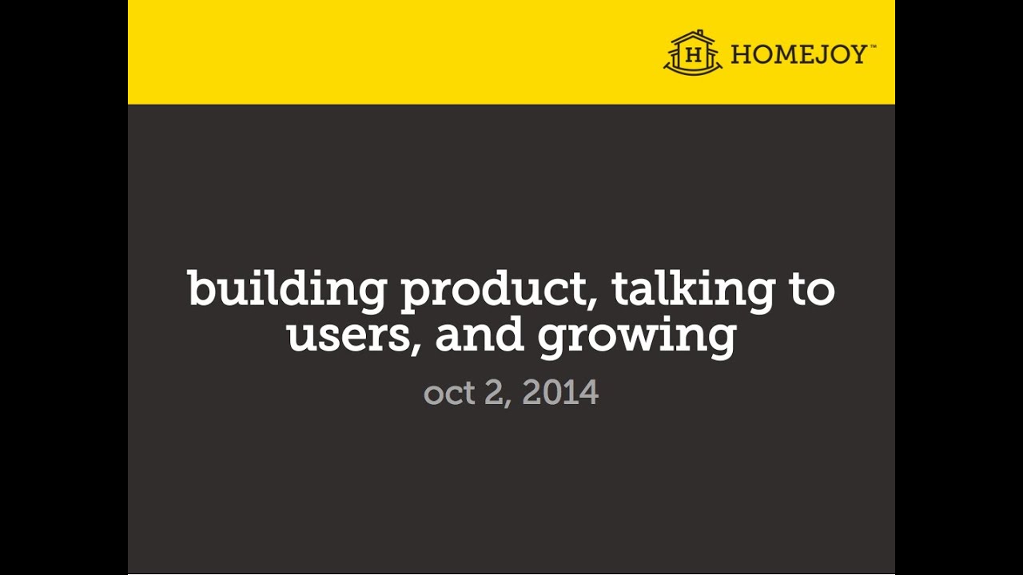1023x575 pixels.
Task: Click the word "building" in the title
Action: click(x=286, y=288)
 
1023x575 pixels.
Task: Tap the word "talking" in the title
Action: click(x=693, y=288)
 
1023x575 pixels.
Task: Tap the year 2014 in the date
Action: click(x=560, y=393)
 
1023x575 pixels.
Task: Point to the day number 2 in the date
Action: click(x=494, y=393)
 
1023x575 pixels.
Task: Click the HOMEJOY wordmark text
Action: click(x=798, y=54)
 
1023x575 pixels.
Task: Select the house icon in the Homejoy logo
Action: click(x=693, y=54)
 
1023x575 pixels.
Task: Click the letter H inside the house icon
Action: click(x=694, y=56)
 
